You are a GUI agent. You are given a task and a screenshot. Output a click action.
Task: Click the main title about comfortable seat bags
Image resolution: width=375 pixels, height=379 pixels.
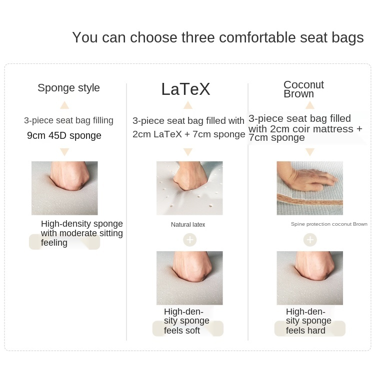point(218,38)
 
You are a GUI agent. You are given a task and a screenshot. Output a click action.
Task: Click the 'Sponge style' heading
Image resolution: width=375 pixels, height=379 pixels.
point(68,88)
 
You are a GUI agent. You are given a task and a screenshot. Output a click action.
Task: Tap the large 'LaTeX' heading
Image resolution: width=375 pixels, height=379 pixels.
point(185,89)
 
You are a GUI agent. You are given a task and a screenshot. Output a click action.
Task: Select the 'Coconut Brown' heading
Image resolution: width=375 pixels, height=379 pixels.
point(303,89)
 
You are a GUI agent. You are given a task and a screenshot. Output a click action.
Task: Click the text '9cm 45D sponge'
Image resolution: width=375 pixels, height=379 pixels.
point(64,136)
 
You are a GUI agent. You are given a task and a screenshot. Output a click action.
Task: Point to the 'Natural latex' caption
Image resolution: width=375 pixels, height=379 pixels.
point(188,225)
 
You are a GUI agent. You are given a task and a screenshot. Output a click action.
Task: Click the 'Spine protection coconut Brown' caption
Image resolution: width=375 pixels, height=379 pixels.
point(329,224)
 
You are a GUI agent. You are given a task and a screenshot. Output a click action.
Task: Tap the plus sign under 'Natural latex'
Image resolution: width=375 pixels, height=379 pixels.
point(190,240)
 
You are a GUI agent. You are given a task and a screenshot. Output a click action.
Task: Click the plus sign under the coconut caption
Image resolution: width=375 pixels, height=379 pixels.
point(310,240)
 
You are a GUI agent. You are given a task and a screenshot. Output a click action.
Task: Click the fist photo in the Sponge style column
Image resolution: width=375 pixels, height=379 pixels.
point(64,188)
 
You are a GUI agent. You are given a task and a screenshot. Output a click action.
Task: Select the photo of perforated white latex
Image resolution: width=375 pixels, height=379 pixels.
point(189,188)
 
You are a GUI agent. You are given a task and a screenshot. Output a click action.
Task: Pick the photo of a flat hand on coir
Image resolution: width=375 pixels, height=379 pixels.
point(310,188)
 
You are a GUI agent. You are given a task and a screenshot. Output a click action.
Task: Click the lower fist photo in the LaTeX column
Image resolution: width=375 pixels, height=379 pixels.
point(189,278)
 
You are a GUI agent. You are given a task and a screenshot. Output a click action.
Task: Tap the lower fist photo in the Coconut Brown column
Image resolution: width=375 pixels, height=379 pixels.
point(310,278)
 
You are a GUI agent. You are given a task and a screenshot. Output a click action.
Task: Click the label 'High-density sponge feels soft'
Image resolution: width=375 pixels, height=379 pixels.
point(186,321)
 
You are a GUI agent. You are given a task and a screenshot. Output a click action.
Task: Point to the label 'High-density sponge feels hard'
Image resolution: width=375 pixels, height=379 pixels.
point(308,321)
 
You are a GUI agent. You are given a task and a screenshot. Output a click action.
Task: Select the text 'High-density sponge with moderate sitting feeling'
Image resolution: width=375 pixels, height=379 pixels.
point(82,233)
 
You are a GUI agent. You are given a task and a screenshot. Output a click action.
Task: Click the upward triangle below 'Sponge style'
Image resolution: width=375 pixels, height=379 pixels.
point(64,105)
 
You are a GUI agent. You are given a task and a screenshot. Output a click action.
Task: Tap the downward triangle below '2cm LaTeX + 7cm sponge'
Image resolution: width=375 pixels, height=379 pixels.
point(188,152)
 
